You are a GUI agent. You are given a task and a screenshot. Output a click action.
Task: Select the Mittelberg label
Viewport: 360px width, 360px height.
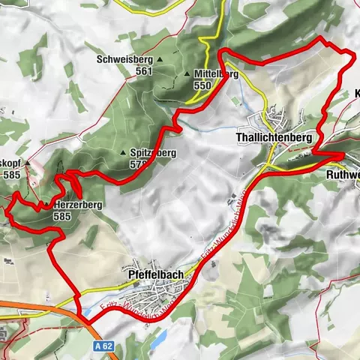tap(216, 75)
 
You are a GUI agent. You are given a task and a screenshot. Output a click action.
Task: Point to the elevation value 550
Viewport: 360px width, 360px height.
tap(202, 86)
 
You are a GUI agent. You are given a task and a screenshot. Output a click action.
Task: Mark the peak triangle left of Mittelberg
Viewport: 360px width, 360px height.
tap(187, 75)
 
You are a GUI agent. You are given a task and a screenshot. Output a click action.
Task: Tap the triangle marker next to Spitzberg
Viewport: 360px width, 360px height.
tap(123, 153)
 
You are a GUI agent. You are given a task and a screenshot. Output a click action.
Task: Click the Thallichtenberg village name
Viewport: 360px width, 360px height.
tap(272, 138)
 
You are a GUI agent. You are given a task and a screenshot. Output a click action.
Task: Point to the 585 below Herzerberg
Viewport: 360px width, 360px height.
tap(62, 215)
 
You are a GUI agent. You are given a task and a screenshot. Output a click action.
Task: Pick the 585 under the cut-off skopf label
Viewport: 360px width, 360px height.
tap(10, 174)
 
